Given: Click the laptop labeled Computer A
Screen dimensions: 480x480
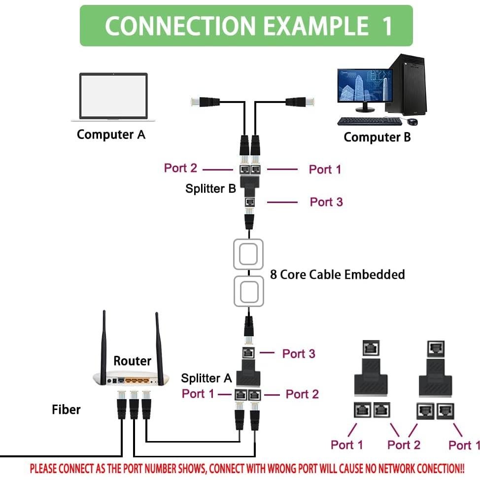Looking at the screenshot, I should coord(113,97).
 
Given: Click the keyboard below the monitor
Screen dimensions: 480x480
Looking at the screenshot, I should coord(370,121).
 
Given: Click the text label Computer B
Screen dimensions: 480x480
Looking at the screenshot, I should coord(377,137).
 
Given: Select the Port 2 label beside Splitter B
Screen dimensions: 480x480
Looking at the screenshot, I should coord(180,168).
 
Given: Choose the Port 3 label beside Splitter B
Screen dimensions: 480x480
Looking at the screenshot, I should coord(326,202).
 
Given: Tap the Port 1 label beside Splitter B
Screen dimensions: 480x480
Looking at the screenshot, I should coord(325,170).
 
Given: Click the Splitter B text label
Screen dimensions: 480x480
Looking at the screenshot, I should coord(210,188).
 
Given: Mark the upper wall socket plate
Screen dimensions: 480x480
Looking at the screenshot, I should coord(248,254).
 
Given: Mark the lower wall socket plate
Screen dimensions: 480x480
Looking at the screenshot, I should coord(248,292).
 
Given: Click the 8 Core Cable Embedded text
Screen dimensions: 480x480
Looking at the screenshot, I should coord(337,274).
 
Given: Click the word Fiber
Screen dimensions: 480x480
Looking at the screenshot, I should coord(66,409).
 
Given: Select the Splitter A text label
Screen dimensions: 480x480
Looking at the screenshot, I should coord(206,378).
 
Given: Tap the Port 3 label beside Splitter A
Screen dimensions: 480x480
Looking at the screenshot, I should coord(298,353).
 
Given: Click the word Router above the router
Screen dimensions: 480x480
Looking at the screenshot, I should coord(132,361).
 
